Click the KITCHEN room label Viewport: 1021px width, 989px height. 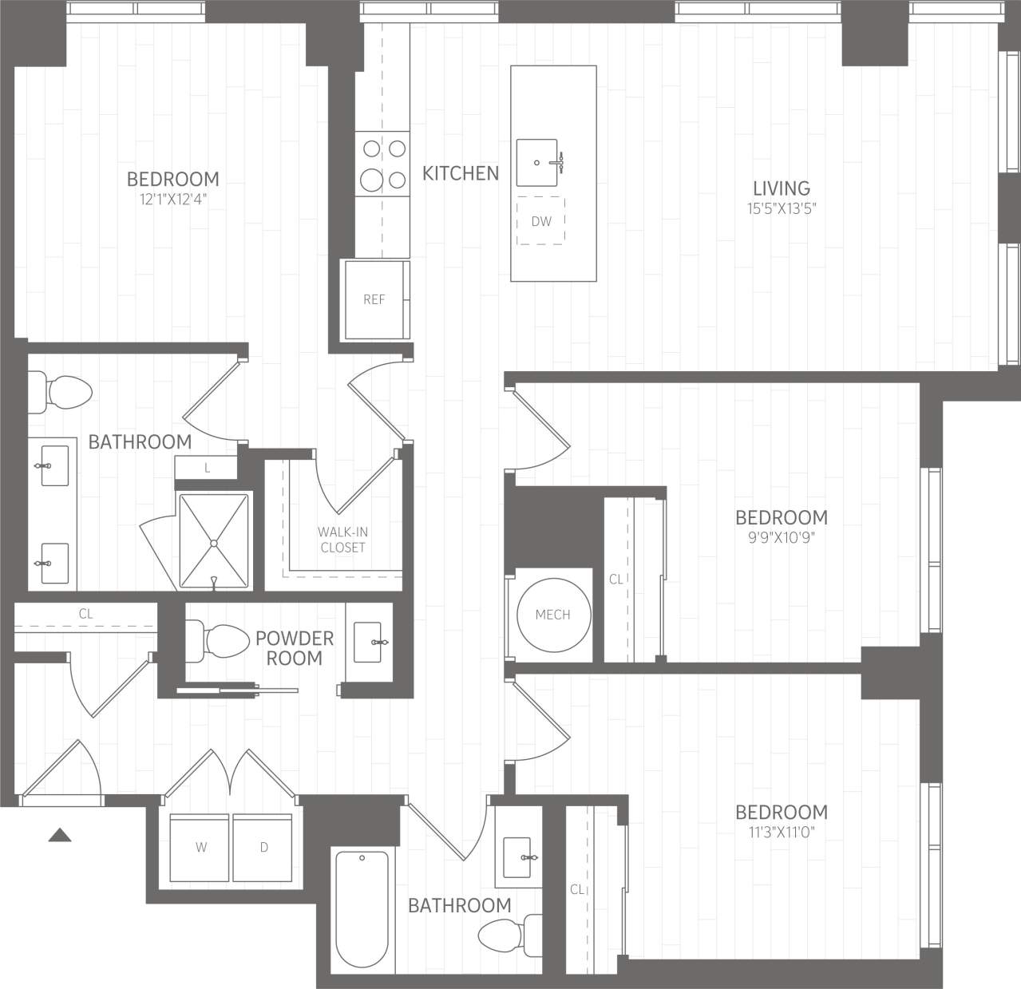[x=461, y=173]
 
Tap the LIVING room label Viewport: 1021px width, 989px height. [x=781, y=188]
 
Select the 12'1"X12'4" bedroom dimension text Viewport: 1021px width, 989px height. [x=172, y=200]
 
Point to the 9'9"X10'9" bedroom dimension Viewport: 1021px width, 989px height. [x=781, y=537]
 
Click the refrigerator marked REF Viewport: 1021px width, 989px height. [x=374, y=299]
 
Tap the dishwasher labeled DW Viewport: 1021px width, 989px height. [x=541, y=221]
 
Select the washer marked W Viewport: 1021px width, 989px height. [x=200, y=848]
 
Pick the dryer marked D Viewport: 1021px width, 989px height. [x=263, y=848]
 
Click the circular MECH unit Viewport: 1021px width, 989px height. [x=552, y=614]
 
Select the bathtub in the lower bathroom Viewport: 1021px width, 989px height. [x=362, y=909]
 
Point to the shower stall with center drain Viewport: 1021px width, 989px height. [x=213, y=542]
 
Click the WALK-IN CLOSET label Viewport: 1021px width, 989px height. [x=342, y=540]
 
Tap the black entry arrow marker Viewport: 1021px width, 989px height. [x=60, y=835]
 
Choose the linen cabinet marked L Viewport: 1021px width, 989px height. [x=207, y=469]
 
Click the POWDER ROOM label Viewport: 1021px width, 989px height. [x=294, y=648]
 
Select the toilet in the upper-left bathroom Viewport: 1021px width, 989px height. [x=64, y=391]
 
